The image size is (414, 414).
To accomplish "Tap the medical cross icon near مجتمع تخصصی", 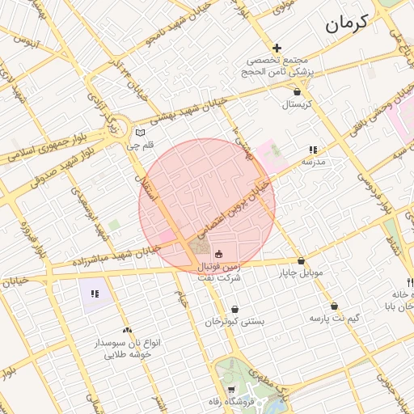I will pyautogui.click(x=277, y=49).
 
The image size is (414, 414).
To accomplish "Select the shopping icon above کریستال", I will pyautogui.click(x=298, y=92).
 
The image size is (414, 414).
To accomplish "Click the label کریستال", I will pyautogui.click(x=297, y=105).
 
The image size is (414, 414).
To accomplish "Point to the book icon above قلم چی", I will pyautogui.click(x=141, y=133).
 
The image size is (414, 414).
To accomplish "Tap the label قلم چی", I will pyautogui.click(x=140, y=146).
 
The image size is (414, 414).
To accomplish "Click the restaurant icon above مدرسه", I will pyautogui.click(x=313, y=150).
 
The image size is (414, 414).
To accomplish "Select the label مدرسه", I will pyautogui.click(x=313, y=162).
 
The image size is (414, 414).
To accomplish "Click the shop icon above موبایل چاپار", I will pyautogui.click(x=302, y=261).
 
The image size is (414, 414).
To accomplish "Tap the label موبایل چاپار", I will pyautogui.click(x=301, y=273).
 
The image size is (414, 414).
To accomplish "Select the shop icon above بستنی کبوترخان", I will pyautogui.click(x=234, y=309).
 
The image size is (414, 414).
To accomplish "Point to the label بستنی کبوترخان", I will pyautogui.click(x=234, y=322).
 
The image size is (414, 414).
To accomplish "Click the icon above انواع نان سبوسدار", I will pyautogui.click(x=127, y=330).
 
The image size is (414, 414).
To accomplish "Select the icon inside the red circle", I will pyautogui.click(x=218, y=253).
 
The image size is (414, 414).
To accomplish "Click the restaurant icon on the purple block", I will pyautogui.click(x=95, y=294).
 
